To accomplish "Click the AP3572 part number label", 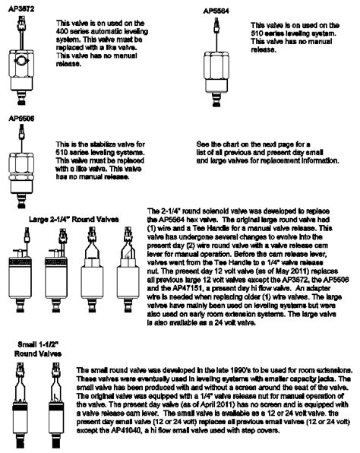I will point(21,7).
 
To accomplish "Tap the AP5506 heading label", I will point(21,119).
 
